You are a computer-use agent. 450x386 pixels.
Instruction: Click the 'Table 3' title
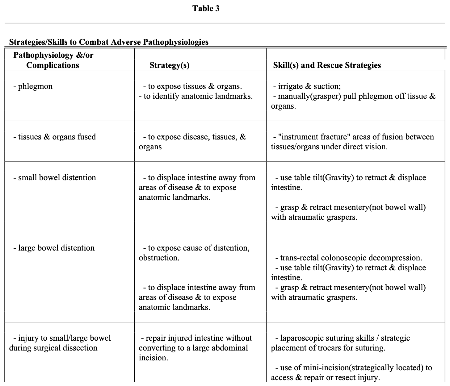point(206,8)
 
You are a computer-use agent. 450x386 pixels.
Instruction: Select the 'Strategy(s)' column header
point(169,65)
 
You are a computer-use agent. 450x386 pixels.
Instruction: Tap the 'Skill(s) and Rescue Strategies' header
point(327,65)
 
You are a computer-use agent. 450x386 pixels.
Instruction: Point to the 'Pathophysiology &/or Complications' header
point(53,60)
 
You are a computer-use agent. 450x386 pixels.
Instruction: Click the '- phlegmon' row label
point(33,86)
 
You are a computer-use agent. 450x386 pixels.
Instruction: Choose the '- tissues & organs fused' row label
point(55,137)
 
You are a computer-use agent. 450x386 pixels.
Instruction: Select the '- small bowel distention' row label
point(55,177)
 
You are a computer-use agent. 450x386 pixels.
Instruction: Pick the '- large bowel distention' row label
point(54,248)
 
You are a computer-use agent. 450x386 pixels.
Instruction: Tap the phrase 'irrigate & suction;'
point(309,86)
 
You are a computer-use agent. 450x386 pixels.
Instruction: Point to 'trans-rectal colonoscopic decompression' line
point(349,258)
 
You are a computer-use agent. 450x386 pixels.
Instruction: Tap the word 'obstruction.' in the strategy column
point(159,258)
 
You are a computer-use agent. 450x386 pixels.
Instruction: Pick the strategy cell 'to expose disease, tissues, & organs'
point(192,142)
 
